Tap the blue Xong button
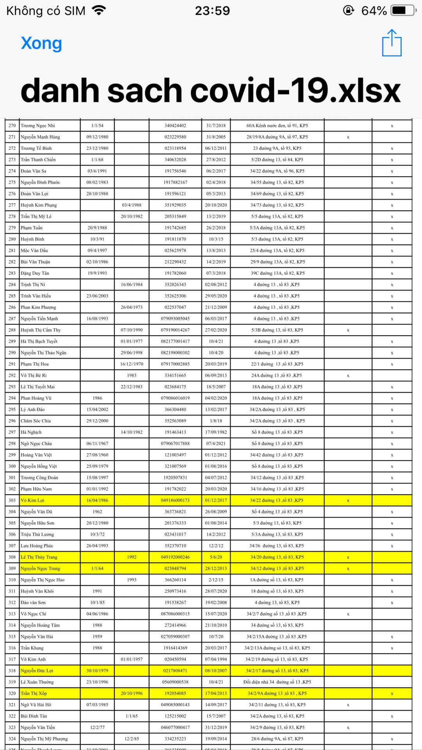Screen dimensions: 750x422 [41, 43]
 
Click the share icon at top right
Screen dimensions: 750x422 [392, 43]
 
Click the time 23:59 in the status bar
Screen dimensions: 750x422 [213, 11]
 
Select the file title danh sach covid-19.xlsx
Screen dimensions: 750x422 [211, 91]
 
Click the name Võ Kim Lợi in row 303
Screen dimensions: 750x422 [33, 500]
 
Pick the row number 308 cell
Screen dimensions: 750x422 [12, 557]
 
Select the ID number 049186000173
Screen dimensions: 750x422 [175, 500]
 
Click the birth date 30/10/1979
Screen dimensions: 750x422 [97, 670]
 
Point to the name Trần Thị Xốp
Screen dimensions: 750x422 [34, 693]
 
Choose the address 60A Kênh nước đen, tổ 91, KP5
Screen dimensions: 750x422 [277, 125]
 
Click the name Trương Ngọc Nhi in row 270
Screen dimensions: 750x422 [38, 125]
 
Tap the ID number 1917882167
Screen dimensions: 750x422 [175, 182]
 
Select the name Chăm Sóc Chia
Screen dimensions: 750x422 [36, 421]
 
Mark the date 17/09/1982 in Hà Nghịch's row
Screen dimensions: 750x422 [216, 432]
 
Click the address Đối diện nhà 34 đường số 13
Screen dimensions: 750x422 [277, 682]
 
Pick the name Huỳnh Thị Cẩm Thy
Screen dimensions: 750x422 [41, 330]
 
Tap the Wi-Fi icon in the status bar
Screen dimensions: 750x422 [99, 11]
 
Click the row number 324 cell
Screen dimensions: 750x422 [12, 738]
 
